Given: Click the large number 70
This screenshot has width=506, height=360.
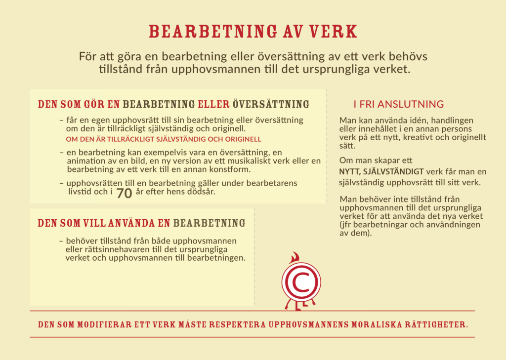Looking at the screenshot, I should pyautogui.click(x=124, y=194).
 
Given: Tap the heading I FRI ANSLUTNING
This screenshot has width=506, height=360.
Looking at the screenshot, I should pyautogui.click(x=398, y=104).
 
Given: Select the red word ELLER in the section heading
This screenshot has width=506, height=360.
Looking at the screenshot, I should pyautogui.click(x=213, y=105).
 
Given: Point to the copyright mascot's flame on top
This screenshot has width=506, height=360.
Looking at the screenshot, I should pyautogui.click(x=295, y=258).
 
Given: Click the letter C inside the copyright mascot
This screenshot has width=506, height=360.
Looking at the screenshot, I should pyautogui.click(x=301, y=282).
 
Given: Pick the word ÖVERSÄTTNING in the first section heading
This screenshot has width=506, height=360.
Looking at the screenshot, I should pyautogui.click(x=271, y=105).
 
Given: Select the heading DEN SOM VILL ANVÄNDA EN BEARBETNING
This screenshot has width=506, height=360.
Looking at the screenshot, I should pyautogui.click(x=141, y=223).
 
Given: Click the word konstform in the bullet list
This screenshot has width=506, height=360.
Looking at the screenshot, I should pyautogui.click(x=231, y=169).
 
